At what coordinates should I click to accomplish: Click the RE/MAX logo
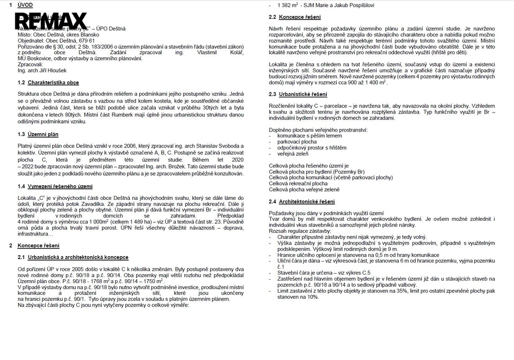coord(51,21)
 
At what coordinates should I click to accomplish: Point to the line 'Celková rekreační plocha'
coord(298,184)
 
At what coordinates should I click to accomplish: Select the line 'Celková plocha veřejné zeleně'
coord(304,190)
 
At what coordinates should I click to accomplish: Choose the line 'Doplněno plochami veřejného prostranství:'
coord(318,130)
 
